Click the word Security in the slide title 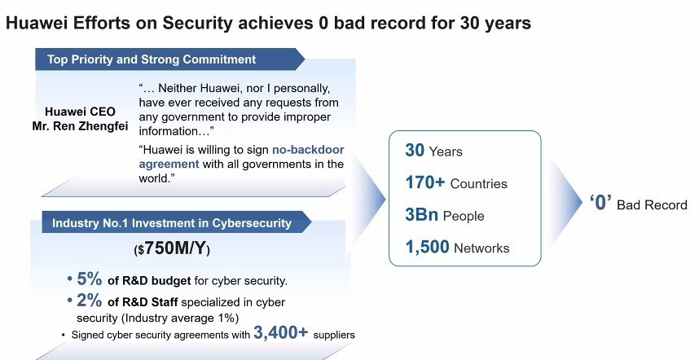click(x=197, y=23)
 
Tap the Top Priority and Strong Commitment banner click(x=169, y=59)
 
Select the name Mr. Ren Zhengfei click(x=80, y=126)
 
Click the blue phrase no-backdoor click(x=308, y=150)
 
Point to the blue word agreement click(x=169, y=165)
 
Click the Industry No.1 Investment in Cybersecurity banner click(x=177, y=222)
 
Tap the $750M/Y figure click(x=172, y=248)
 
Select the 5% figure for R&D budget click(x=89, y=279)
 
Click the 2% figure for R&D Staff click(x=89, y=301)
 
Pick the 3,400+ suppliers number click(x=281, y=332)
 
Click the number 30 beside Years click(x=415, y=150)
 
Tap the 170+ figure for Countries click(x=424, y=182)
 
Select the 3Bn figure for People click(x=422, y=214)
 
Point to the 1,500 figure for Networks click(x=427, y=247)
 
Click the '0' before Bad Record click(x=600, y=203)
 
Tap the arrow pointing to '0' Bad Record click(x=565, y=202)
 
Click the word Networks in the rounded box click(x=481, y=248)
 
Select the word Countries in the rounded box click(x=479, y=184)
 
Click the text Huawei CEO click(x=80, y=112)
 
